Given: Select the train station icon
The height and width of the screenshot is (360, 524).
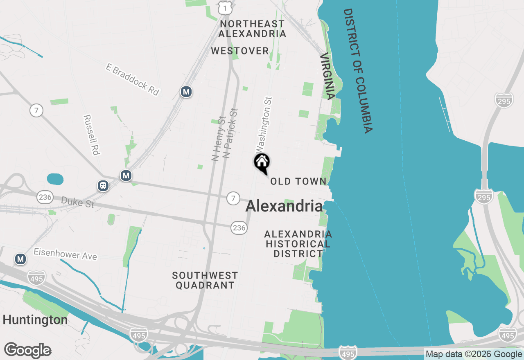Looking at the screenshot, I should [x=103, y=186].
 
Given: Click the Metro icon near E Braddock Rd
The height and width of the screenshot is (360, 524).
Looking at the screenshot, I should [x=186, y=92].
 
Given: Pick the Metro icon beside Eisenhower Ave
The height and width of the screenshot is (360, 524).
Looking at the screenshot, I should [x=20, y=259].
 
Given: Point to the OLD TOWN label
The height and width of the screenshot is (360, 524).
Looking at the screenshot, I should [x=298, y=181].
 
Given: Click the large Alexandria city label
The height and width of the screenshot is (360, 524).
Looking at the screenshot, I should [x=284, y=206].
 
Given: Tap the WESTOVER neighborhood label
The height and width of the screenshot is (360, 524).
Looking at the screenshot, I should [x=240, y=51].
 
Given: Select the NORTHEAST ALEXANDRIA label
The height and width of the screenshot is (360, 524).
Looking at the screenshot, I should [x=252, y=29].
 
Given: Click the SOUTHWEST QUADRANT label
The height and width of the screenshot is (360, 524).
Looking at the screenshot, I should [x=205, y=280].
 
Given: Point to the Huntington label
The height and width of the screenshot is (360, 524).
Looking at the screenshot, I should [x=35, y=319].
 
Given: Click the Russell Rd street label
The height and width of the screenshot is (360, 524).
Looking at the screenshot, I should [x=92, y=135].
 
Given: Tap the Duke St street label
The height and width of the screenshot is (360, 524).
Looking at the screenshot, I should [x=77, y=202].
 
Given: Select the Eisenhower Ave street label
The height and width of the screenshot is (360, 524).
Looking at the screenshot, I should [x=65, y=254].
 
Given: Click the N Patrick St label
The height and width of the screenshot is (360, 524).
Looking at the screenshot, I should [x=230, y=133].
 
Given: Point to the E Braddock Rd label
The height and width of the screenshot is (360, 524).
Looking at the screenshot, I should [x=132, y=79].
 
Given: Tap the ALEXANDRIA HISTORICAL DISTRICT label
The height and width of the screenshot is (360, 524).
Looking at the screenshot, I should [x=298, y=244].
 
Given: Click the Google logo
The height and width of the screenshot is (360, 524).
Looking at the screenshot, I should [x=27, y=351].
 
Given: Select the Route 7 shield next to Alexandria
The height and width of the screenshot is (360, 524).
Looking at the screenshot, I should [x=233, y=198].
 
